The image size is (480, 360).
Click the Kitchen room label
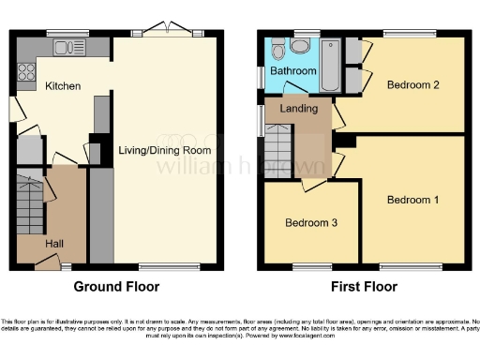(63, 86)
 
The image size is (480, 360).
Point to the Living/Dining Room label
(163, 150)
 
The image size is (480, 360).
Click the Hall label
(55, 243)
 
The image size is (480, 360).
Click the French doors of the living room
(170, 33)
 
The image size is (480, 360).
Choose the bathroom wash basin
(277, 46)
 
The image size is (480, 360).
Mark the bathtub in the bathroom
(329, 66)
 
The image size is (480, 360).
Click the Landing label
(297, 110)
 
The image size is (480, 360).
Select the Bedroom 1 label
(413, 200)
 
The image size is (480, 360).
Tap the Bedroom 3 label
(311, 222)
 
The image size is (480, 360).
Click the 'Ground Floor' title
(116, 287)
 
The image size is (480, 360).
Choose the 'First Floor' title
(365, 287)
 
